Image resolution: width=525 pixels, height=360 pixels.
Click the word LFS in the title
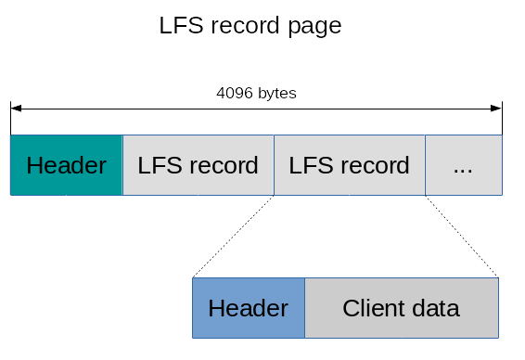(x=180, y=26)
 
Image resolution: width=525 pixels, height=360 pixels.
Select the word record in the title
(x=243, y=26)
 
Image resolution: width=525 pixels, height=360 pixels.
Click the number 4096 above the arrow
(x=235, y=94)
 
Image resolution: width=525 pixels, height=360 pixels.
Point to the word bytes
(x=276, y=94)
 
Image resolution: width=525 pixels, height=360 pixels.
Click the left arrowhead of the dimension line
(x=15, y=109)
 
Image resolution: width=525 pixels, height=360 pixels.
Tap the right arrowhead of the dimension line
(x=497, y=109)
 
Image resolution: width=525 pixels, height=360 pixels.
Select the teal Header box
(x=66, y=165)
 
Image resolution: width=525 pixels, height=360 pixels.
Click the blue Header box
(x=248, y=308)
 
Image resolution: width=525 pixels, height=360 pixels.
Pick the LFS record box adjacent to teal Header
(x=198, y=165)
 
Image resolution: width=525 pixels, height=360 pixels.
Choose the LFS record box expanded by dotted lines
(x=349, y=165)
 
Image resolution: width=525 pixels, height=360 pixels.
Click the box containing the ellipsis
(x=463, y=165)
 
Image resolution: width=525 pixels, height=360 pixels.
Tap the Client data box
(x=401, y=308)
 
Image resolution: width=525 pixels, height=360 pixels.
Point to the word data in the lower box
(x=435, y=308)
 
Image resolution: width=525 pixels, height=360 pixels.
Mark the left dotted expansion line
(x=233, y=236)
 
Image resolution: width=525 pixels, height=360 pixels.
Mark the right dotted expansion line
(x=462, y=236)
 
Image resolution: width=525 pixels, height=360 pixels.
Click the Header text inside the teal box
(x=66, y=166)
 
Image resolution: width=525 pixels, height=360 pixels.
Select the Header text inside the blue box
(x=248, y=308)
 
